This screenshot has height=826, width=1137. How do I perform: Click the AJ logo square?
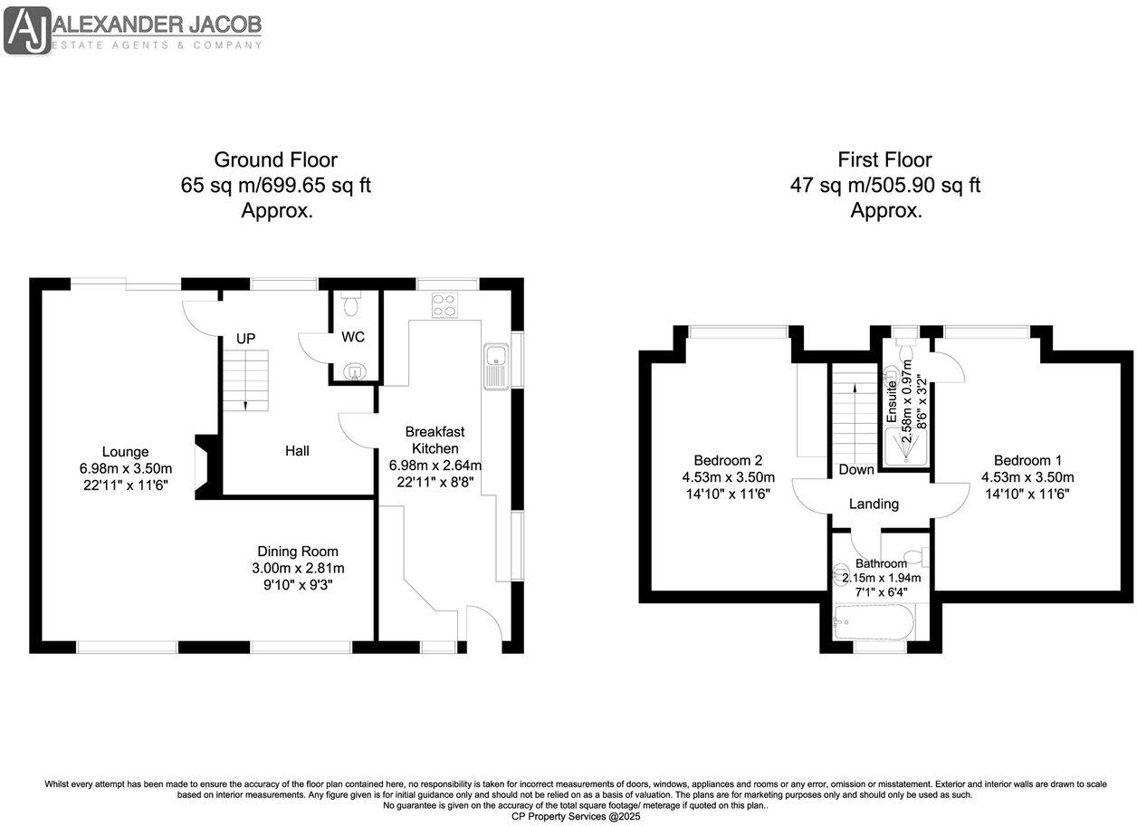27,31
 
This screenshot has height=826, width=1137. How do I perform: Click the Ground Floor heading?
275,160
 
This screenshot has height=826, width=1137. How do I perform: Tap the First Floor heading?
885,160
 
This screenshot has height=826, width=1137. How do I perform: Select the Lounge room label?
125,452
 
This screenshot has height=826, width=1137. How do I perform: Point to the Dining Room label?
298,551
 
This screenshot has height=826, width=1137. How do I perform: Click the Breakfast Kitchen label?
435,440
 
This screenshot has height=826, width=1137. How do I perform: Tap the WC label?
353,337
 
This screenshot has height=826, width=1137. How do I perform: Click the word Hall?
297,450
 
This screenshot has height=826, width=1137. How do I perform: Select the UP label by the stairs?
245,338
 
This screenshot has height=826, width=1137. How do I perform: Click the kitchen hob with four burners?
444,306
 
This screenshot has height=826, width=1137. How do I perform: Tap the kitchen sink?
497,367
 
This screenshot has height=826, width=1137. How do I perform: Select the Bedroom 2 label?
728,459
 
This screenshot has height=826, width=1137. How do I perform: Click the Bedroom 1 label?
1027,459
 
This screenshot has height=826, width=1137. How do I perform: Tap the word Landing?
874,504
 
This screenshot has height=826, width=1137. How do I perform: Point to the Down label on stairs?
855,469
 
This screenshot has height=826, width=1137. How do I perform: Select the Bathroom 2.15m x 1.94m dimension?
881,578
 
